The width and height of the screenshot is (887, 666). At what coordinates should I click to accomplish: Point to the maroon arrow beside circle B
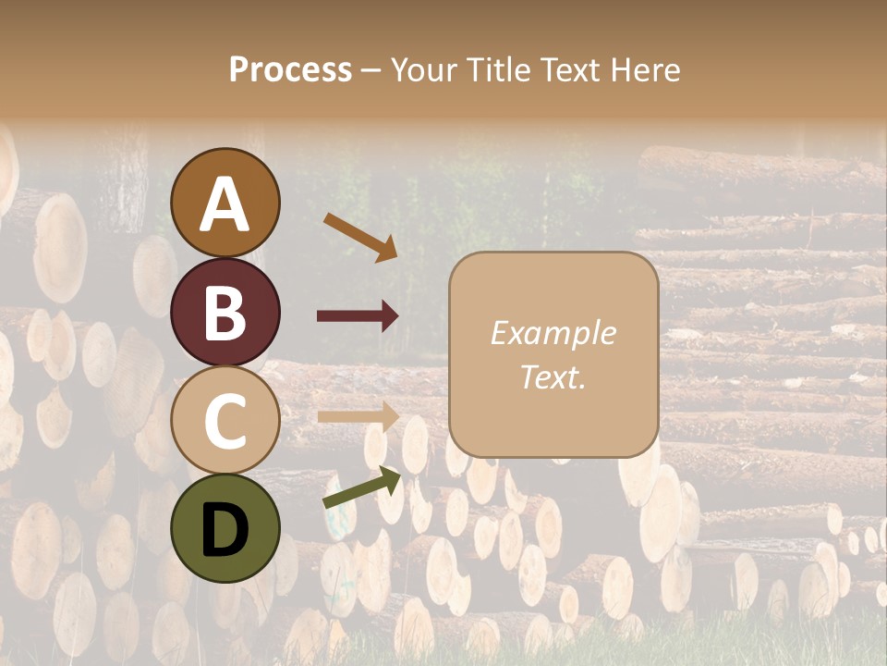coord(358,316)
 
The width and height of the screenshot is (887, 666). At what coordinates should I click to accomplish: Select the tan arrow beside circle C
coord(358,415)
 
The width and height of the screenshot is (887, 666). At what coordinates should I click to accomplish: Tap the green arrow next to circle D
coord(362,487)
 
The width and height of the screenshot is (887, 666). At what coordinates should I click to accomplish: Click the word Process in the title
coord(290,70)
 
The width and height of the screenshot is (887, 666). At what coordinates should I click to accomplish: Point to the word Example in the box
coord(553,334)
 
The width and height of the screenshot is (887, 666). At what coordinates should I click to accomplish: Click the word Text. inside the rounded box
coord(553,376)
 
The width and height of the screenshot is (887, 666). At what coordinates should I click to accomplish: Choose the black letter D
coord(225,530)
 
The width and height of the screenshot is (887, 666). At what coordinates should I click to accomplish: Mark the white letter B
coord(225,313)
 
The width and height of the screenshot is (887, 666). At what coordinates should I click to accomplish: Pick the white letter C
coord(225,421)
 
